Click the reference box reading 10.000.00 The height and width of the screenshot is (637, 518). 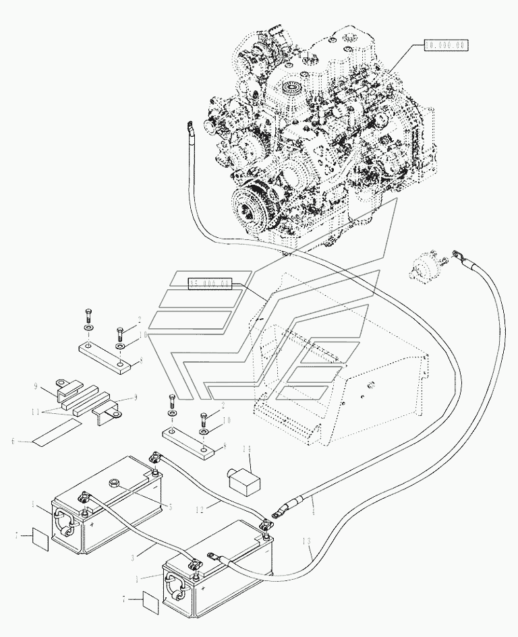445,45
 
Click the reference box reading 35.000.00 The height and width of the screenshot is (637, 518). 210,284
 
